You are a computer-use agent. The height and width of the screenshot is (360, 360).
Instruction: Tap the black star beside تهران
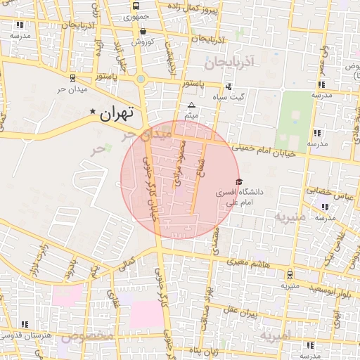click(x=92, y=112)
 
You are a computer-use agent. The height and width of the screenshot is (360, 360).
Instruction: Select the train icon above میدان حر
click(x=73, y=79)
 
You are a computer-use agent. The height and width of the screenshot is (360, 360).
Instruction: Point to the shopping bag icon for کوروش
click(x=143, y=32)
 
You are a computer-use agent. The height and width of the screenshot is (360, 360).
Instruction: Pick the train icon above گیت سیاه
click(x=231, y=86)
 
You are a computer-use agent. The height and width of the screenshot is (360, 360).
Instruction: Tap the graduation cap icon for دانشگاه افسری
click(x=239, y=181)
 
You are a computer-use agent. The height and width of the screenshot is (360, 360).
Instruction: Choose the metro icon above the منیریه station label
click(x=291, y=275)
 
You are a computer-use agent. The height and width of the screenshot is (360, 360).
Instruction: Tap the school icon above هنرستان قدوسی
click(x=25, y=324)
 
